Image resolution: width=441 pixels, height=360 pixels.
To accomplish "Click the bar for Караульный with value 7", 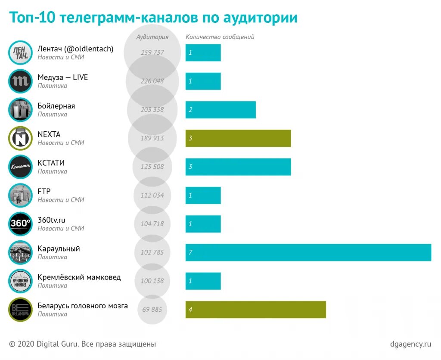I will pyautogui.click(x=308, y=252).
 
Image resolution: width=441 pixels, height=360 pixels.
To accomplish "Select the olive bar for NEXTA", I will pyautogui.click(x=238, y=138).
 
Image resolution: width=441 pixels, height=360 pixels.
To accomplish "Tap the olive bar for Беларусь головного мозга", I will pyautogui.click(x=255, y=310).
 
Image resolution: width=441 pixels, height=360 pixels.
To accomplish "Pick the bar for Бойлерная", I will pyautogui.click(x=220, y=110).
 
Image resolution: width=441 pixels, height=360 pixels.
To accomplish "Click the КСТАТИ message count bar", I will pyautogui.click(x=238, y=167).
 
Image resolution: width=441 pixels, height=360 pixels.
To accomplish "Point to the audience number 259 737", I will pyautogui.click(x=152, y=53).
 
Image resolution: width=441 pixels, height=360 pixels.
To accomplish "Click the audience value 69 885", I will pyautogui.click(x=152, y=309).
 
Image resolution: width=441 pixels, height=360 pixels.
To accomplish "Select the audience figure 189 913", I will pyautogui.click(x=152, y=138).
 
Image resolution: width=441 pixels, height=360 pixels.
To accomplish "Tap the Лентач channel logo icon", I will pyautogui.click(x=20, y=53).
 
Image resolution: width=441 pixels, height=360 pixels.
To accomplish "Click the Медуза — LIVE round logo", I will pyautogui.click(x=20, y=81).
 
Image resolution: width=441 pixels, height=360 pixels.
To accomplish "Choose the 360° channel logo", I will pyautogui.click(x=20, y=224).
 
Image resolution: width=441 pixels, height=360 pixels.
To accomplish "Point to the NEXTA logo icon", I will pyautogui.click(x=20, y=138).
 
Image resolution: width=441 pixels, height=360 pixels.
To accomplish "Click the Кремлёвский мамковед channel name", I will pyautogui.click(x=79, y=277).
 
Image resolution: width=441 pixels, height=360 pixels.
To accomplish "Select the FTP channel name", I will pyautogui.click(x=44, y=191).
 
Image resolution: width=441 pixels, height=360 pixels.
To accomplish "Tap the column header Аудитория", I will pyautogui.click(x=152, y=37).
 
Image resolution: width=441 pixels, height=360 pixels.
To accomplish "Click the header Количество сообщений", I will pyautogui.click(x=220, y=37).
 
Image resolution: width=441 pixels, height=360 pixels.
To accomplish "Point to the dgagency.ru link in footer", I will pyautogui.click(x=410, y=344).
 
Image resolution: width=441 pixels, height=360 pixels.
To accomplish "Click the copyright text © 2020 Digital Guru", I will pyautogui.click(x=82, y=344).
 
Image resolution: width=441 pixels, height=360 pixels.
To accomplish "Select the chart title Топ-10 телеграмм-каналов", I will pyautogui.click(x=153, y=18).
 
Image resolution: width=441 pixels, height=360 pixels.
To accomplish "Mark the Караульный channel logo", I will pyautogui.click(x=20, y=252).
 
